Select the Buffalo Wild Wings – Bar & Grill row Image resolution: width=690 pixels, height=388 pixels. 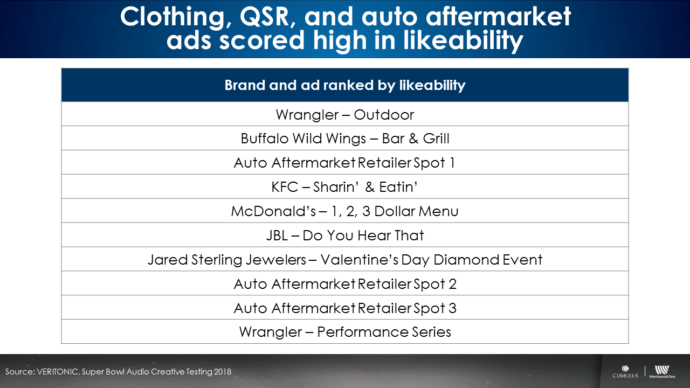coord(344,138)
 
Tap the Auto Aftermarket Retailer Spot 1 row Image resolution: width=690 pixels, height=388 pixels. coord(344,163)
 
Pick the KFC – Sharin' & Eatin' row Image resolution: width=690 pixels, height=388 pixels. coord(344,187)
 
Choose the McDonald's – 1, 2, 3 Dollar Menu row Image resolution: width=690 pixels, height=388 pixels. coord(344,211)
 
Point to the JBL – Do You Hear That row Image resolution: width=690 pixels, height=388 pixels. coord(344,235)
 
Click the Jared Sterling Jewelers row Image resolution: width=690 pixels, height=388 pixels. coord(344,260)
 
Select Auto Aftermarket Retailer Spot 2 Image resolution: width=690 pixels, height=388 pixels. coord(344,284)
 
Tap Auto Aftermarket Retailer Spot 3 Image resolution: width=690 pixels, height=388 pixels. coord(344,308)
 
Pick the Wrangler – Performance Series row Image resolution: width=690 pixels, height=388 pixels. coord(344,332)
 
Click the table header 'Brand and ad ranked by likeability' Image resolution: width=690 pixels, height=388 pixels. coord(344,85)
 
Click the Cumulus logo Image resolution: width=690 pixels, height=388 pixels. coord(625,371)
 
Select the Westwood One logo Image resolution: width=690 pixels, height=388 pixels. coord(662,372)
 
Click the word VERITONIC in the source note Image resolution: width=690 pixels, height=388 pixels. coord(57,372)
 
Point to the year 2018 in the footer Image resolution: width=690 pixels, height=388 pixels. coord(223,372)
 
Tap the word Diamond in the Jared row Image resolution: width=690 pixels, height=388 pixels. coord(466,260)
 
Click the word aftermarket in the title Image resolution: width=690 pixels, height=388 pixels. coord(499,16)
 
